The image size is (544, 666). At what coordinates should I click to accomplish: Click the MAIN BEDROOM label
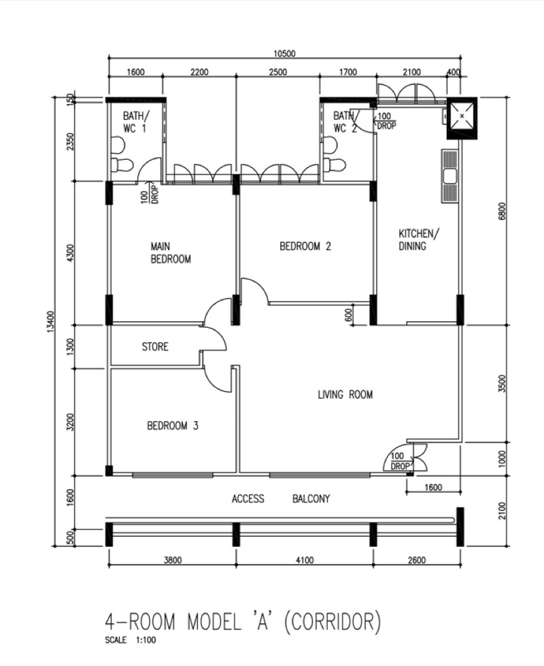coord(171,252)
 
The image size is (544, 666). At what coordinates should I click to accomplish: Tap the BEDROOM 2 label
coord(305,246)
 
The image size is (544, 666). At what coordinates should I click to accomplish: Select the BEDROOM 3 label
coord(173,426)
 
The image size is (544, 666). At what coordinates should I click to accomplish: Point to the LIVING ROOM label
coord(345,395)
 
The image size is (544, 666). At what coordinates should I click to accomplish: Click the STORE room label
coord(155,346)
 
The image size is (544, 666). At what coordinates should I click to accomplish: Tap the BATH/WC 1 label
coord(136,122)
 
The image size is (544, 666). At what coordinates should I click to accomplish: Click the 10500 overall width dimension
coord(284,54)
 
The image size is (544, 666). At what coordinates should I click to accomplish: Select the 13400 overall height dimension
coord(50,322)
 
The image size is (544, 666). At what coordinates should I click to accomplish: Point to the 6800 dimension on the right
coord(503,211)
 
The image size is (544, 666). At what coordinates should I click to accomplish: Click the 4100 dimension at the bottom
coord(305,561)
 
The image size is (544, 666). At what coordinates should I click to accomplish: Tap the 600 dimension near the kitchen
coord(349,315)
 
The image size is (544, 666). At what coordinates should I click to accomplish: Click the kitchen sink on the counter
coord(449,176)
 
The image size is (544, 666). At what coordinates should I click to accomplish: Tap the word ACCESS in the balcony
coord(248,499)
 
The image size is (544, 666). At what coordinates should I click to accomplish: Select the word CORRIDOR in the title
coord(332,622)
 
